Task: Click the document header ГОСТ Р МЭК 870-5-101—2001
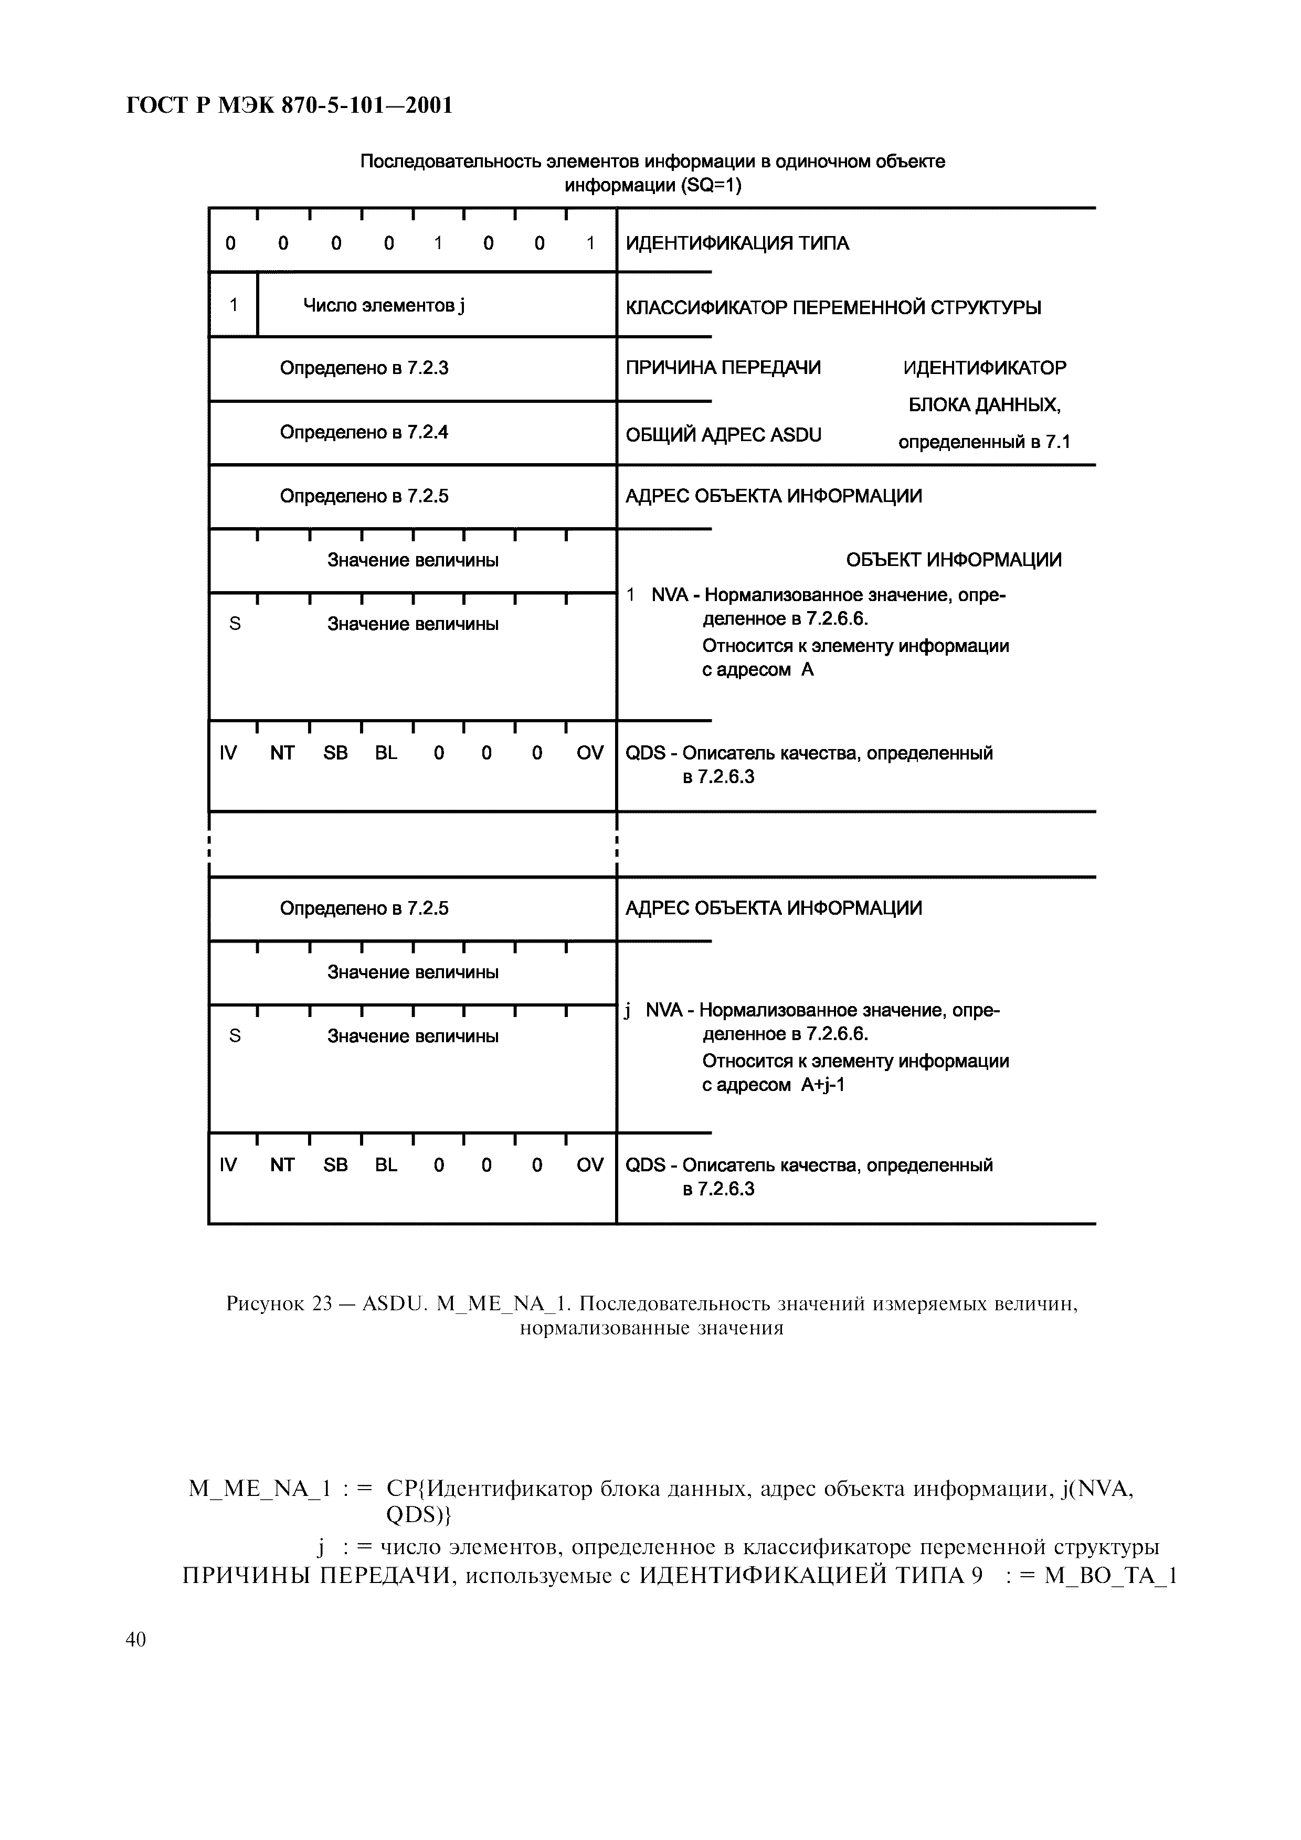[289, 105]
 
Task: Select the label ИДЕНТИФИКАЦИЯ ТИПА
[737, 243]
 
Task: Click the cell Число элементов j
[383, 305]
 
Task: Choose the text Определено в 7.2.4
[364, 433]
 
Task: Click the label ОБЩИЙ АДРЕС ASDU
[723, 435]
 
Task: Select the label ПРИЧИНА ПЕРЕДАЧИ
[723, 368]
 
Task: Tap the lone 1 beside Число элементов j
[233, 305]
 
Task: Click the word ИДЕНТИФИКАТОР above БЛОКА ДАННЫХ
[985, 368]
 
